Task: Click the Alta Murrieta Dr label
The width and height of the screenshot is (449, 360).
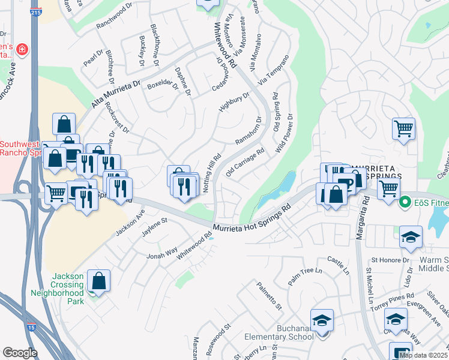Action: point(115,95)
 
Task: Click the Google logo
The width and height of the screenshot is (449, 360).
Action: point(20,353)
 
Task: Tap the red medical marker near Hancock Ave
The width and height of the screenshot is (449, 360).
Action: point(23,49)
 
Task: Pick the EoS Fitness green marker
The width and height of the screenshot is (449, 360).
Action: point(405,202)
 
